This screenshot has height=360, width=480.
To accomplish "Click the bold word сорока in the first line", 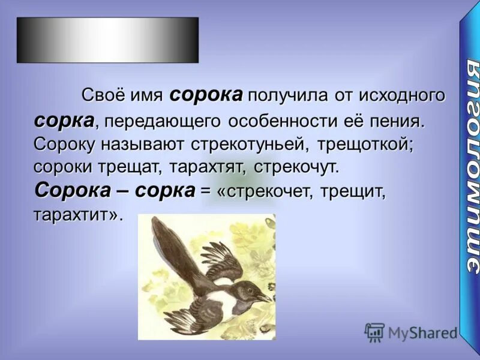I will click(x=206, y=95).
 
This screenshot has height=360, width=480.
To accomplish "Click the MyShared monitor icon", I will click(x=374, y=332).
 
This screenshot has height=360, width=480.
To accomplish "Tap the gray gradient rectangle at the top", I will click(x=107, y=40).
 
